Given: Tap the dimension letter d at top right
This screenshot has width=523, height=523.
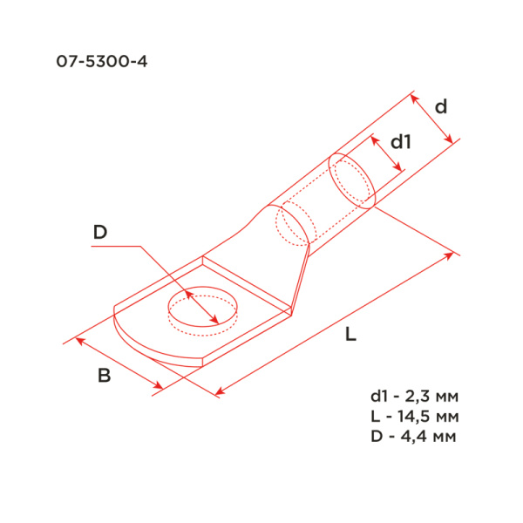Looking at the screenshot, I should coord(441,107).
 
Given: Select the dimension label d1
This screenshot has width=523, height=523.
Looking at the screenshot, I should coord(400,141).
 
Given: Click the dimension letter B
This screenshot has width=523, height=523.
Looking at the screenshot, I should coord(104,377).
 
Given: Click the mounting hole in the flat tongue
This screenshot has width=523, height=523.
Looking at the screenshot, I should coord(201,309).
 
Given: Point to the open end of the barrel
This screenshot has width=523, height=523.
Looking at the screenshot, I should coord(352,180).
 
